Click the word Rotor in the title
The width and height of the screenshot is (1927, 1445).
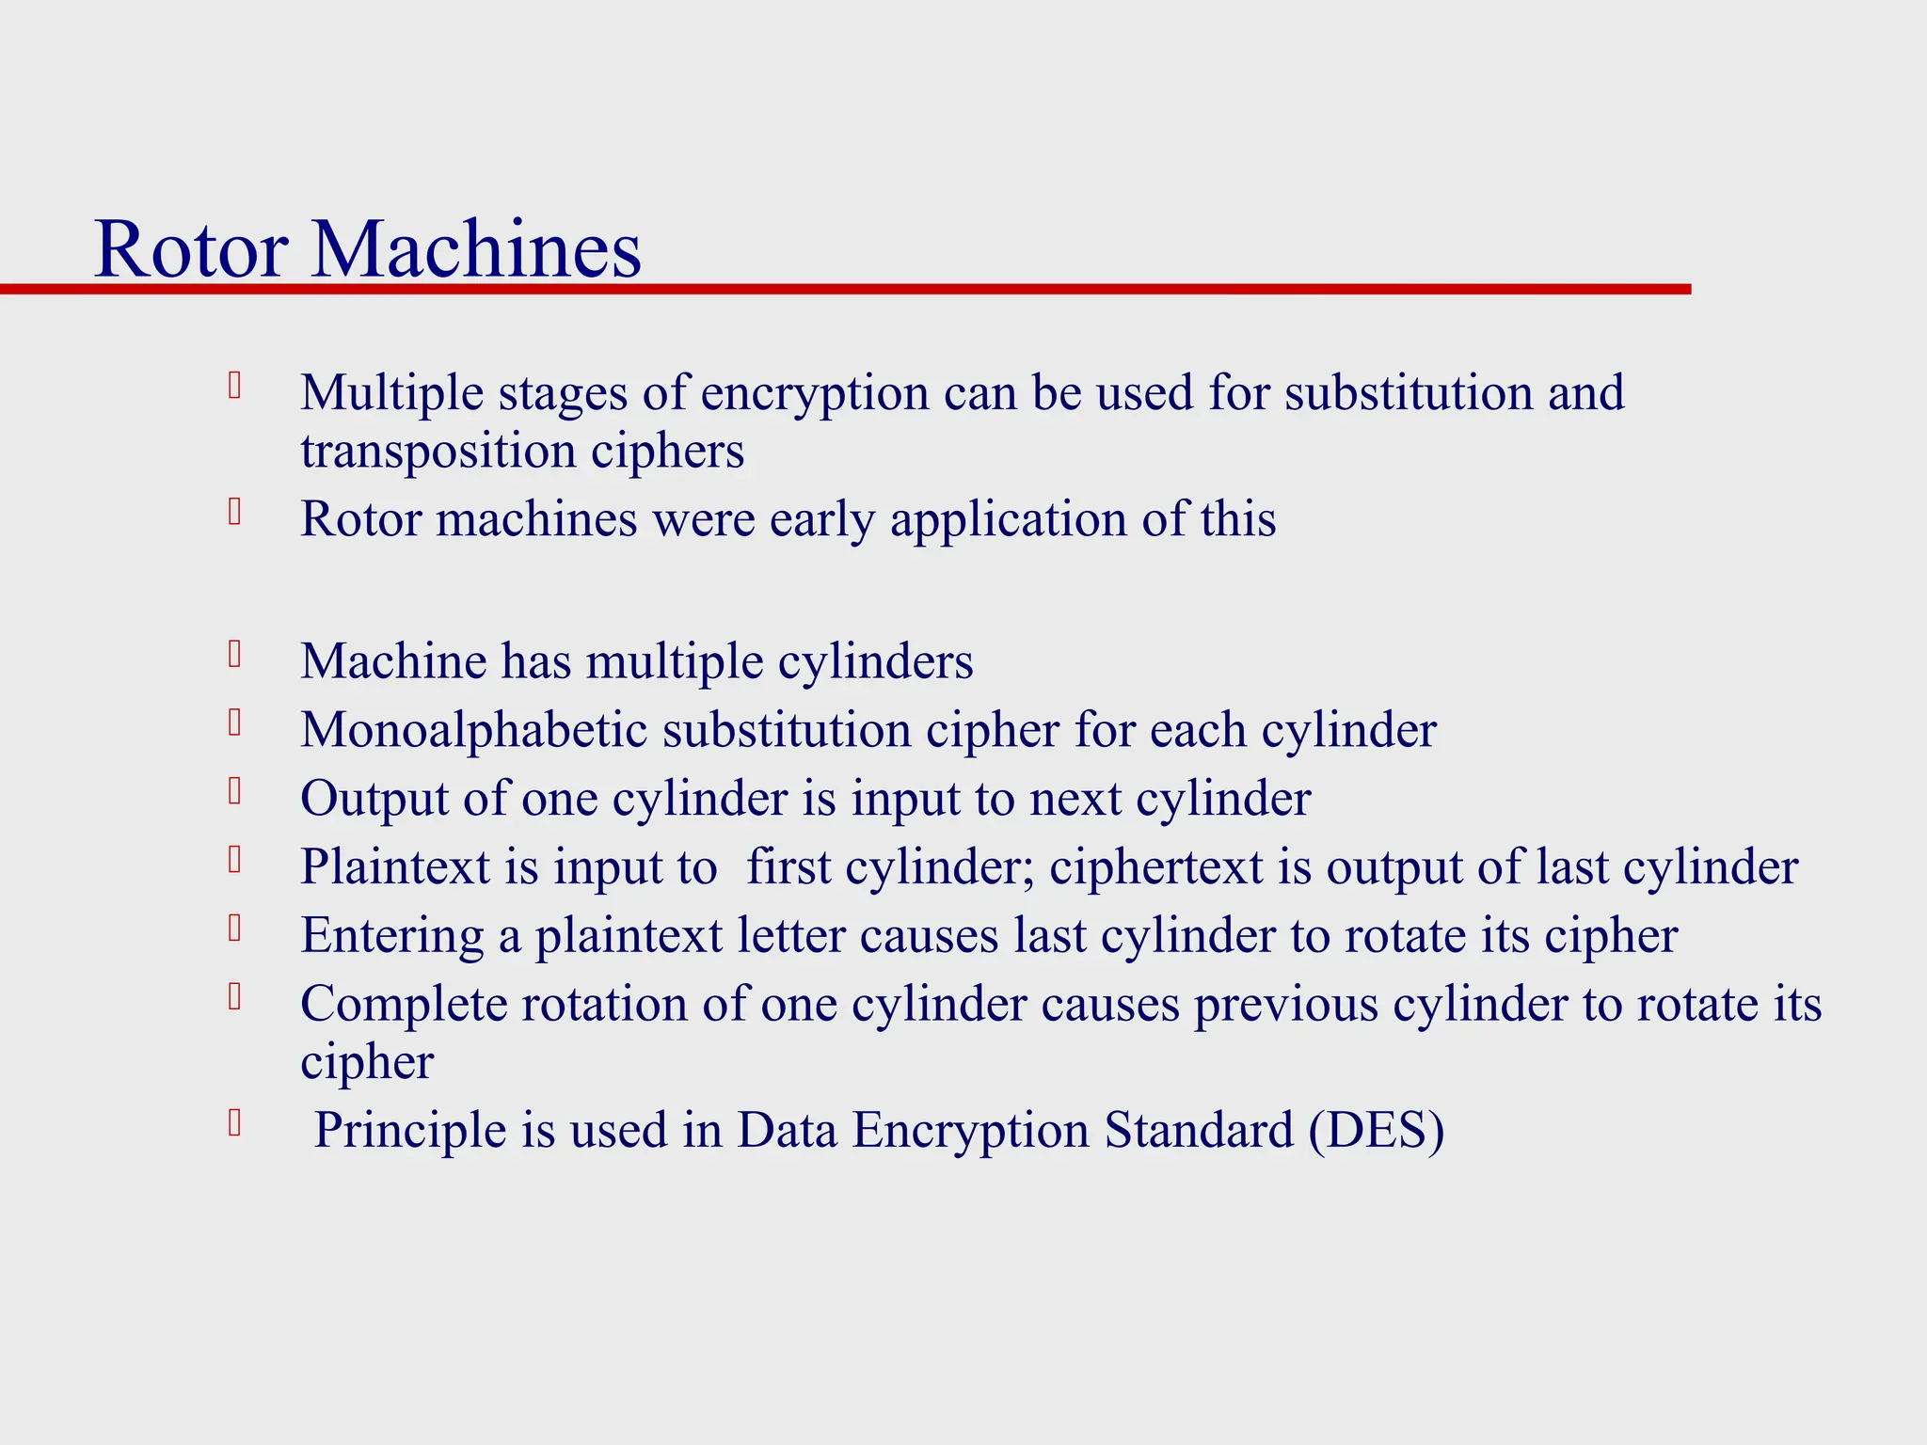[192, 249]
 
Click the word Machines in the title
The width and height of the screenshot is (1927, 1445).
[476, 249]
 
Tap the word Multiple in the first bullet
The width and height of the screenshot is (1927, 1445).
[391, 393]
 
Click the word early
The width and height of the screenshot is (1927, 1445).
[822, 519]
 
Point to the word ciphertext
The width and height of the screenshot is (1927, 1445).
[1155, 867]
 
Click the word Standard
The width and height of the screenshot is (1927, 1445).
[1199, 1130]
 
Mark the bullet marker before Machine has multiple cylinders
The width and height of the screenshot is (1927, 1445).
[235, 654]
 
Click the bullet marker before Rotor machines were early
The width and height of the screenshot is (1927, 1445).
[235, 513]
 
